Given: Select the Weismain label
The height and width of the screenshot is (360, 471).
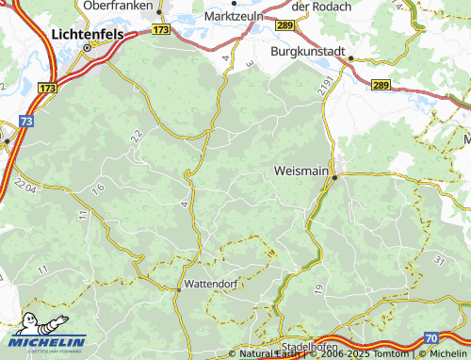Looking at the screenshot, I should [x=300, y=172].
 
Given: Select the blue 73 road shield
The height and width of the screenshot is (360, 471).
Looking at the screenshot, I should [x=25, y=122].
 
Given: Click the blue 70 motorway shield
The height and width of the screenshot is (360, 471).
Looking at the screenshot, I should [x=431, y=336].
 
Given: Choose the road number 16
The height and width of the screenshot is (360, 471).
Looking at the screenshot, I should [x=98, y=189].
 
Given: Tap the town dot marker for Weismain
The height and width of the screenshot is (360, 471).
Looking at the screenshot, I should [x=334, y=176].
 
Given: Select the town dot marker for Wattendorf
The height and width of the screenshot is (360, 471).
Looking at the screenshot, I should [x=178, y=289].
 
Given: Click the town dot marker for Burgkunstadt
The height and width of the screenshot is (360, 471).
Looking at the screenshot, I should [x=350, y=58].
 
